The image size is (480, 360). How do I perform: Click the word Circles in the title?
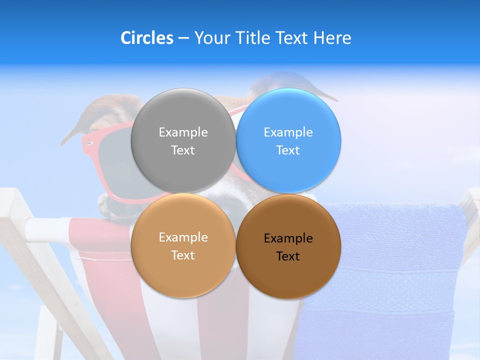tap(147, 38)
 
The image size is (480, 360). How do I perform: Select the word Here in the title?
tap(332, 38)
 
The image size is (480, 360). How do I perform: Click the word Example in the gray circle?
tap(183, 132)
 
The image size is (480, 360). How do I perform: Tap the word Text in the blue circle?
tap(288, 150)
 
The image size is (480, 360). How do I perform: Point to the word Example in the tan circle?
tap(183, 237)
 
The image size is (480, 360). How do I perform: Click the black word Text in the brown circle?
tap(288, 256)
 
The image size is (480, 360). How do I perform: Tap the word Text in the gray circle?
tap(183, 150)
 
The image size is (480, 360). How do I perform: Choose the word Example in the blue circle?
tap(288, 132)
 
